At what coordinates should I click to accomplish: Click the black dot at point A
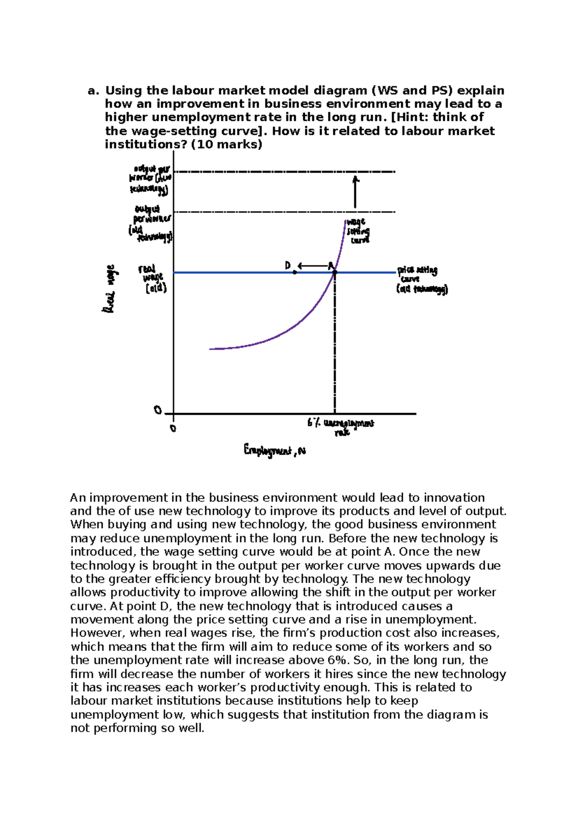coord(335,273)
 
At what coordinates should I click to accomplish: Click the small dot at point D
coord(294,273)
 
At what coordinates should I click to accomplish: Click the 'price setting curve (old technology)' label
coord(421,279)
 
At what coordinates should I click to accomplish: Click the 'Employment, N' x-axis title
coord(275,450)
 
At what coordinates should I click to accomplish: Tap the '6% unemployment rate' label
coord(341,427)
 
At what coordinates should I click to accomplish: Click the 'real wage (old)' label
coord(153,278)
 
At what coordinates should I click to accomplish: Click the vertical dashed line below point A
coord(335,347)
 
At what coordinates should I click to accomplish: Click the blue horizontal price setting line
coord(231,273)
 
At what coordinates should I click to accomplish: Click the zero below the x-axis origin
coord(174,428)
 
